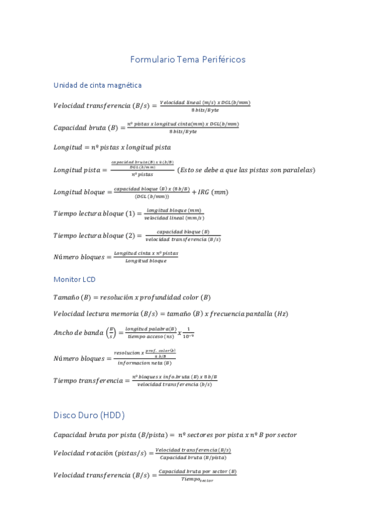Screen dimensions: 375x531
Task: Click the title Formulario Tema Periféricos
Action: point(187,60)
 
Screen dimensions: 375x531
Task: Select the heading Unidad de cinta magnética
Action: point(97,85)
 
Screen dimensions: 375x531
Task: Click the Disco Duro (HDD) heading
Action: point(89,415)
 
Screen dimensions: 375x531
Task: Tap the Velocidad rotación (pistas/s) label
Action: point(103,454)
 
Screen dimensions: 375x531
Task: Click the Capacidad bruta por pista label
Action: point(112,435)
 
